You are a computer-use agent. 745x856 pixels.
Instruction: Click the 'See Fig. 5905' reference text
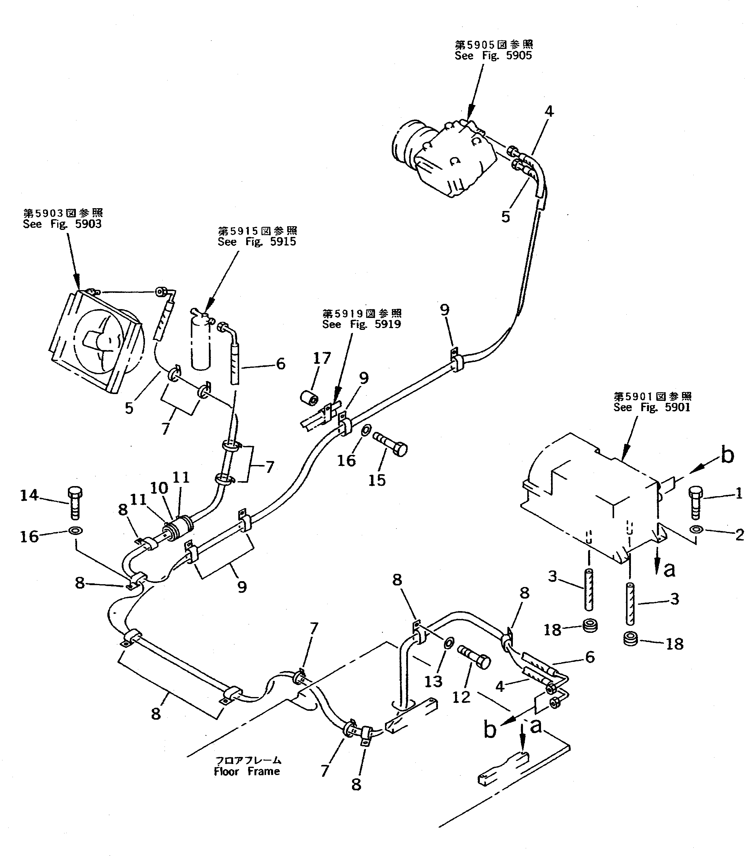click(493, 56)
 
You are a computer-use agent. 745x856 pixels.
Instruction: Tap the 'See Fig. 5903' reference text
click(62, 224)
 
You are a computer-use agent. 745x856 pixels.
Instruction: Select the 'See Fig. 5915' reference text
click(257, 242)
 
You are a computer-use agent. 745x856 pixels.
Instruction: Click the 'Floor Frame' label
click(247, 772)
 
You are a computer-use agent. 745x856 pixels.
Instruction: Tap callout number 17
click(322, 358)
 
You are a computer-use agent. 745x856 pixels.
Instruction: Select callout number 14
click(29, 495)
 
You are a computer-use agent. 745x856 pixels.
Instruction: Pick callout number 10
click(159, 488)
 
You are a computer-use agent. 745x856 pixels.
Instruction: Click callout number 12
click(461, 697)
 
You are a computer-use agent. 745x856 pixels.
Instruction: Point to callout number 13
click(433, 681)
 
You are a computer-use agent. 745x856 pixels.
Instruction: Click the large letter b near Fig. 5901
click(727, 456)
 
